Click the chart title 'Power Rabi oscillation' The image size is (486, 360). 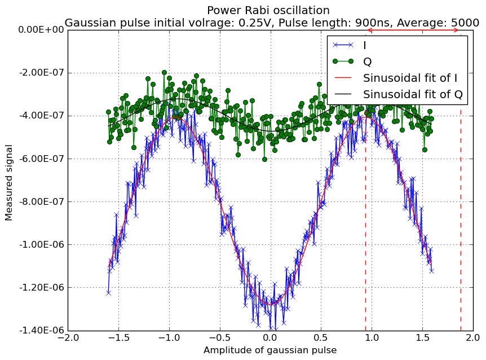click(x=268, y=11)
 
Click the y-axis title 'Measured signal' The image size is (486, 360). click(x=8, y=183)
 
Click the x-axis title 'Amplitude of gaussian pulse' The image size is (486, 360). click(x=270, y=350)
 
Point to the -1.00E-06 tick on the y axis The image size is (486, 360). click(x=42, y=245)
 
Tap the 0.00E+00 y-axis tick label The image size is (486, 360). click(x=41, y=30)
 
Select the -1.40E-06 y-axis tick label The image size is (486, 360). click(x=42, y=331)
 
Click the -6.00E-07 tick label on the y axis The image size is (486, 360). click(x=42, y=159)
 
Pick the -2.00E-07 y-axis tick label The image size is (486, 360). click(x=42, y=73)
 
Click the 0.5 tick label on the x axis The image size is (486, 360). click(x=321, y=337)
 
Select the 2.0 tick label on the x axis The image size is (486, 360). click(x=473, y=337)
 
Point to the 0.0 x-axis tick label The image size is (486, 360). click(x=271, y=337)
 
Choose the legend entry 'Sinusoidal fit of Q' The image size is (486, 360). click(x=398, y=94)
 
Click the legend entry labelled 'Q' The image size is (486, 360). click(x=352, y=62)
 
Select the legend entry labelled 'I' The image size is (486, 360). click(x=350, y=45)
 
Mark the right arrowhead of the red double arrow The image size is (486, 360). click(x=457, y=30)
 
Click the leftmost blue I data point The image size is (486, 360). click(x=108, y=293)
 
